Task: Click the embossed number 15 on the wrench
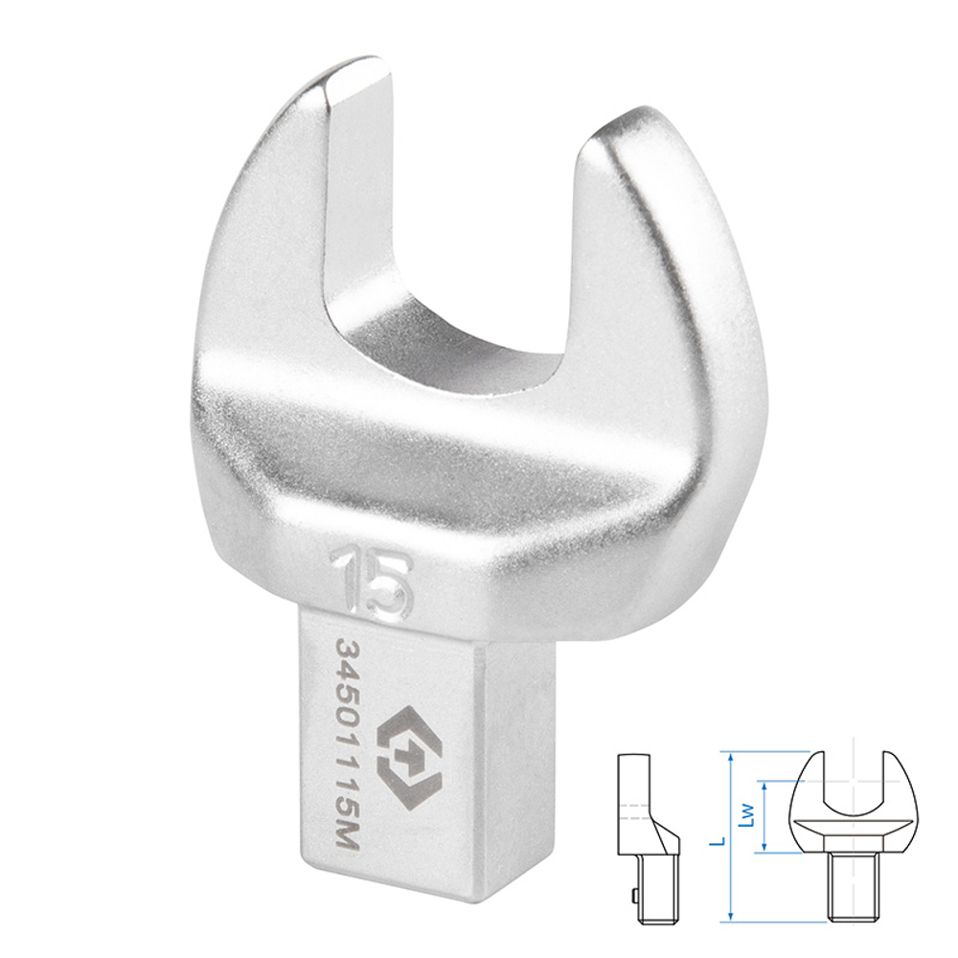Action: (368, 582)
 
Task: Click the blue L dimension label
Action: (721, 841)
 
